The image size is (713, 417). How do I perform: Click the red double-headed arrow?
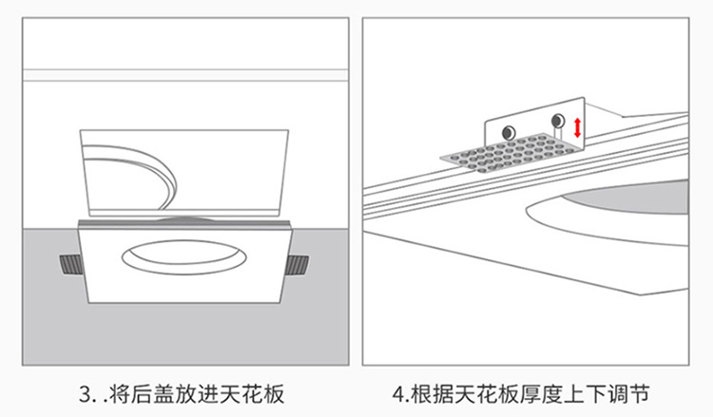tap(577, 127)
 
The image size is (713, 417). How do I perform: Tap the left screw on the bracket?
tap(509, 133)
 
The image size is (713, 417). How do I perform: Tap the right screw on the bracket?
tap(557, 121)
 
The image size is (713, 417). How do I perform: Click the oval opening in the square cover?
tap(183, 257)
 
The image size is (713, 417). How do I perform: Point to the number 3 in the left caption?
tap(86, 394)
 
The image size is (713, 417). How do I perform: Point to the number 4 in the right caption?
tap(398, 394)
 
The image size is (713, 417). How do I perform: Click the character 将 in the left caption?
tap(120, 394)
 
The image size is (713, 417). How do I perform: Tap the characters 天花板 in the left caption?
tap(252, 394)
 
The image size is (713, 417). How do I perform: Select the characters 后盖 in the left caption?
tap(153, 394)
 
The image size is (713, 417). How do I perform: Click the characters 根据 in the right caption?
tap(432, 394)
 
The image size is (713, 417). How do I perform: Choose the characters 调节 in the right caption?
tap(628, 394)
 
